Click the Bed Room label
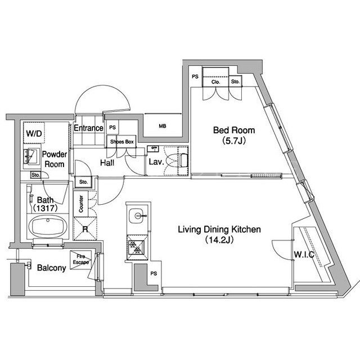(234, 130)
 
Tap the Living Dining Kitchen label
(219, 229)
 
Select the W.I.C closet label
(304, 254)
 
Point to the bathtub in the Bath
(48, 226)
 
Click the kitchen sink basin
(136, 215)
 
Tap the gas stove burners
(136, 247)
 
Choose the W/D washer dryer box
(34, 133)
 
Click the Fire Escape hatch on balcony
(80, 260)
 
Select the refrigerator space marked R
(85, 229)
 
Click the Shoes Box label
(121, 142)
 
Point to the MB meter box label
(163, 126)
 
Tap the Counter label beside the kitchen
(81, 204)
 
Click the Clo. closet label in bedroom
(215, 82)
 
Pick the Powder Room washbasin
(30, 156)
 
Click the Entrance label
(89, 128)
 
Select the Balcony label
(51, 268)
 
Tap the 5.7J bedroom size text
(234, 141)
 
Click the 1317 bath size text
(45, 208)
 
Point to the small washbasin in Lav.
(152, 148)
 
